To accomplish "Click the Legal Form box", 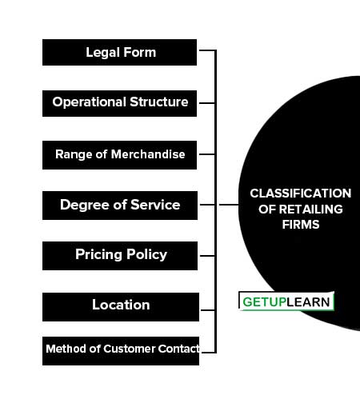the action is point(119,53).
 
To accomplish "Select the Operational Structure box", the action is point(119,103).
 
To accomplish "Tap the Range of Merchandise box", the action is point(119,155).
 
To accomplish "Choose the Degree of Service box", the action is point(120,206).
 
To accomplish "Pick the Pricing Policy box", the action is point(120,256).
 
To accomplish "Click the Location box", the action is point(121,307).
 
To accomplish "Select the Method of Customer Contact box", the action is point(121,351).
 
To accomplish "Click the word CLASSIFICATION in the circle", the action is point(301,194).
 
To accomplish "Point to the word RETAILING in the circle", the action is point(311,209).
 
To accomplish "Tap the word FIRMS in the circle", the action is point(301,225).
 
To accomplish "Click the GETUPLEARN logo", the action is point(286,301).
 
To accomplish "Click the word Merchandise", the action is point(148,154).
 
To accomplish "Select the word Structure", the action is point(159,102).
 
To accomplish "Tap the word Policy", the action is point(146,254).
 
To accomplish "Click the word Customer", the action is point(129,349).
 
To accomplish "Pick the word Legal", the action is point(103,53).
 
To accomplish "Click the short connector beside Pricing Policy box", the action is point(207,256).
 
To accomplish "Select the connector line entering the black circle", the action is point(229,205).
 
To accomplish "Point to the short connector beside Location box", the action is point(208,310).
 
